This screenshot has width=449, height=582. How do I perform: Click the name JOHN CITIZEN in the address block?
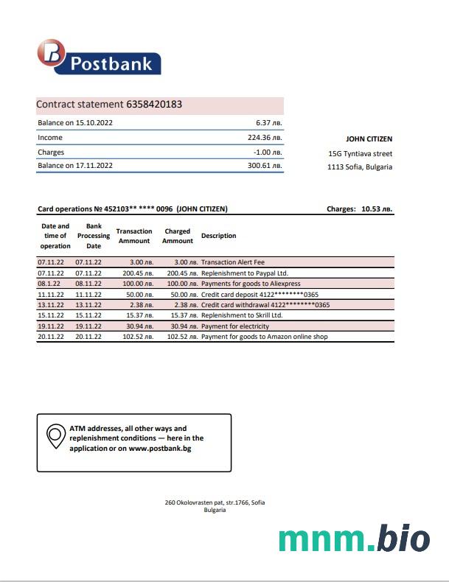click(369, 139)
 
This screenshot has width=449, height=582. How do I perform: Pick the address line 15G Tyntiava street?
click(360, 153)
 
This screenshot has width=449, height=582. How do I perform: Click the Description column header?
click(218, 236)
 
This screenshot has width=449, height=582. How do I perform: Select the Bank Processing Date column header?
click(94, 236)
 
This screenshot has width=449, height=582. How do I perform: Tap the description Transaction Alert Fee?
click(234, 262)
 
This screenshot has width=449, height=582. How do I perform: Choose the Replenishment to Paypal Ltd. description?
click(246, 273)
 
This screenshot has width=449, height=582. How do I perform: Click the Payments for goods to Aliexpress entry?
click(250, 284)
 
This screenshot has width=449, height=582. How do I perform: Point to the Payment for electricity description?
click(234, 326)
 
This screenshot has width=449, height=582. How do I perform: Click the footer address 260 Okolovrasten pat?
click(215, 502)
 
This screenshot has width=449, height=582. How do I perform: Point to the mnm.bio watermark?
click(354, 539)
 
